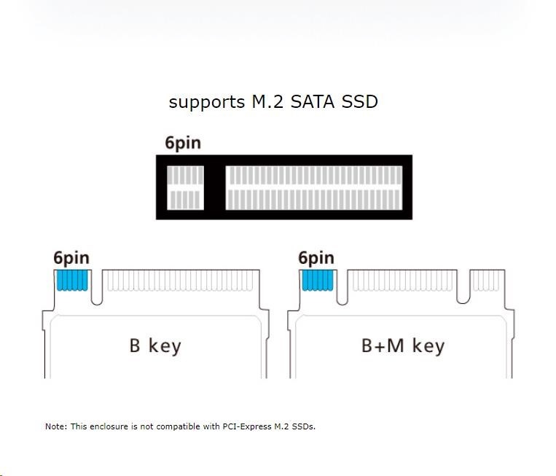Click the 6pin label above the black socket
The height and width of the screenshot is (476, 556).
click(x=182, y=143)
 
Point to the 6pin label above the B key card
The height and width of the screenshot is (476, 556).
click(x=71, y=257)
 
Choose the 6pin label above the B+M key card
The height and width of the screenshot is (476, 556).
click(x=316, y=257)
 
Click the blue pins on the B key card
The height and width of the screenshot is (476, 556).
click(x=71, y=280)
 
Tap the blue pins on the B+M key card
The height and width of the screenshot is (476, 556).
click(x=316, y=280)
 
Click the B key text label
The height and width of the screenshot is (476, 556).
click(x=154, y=345)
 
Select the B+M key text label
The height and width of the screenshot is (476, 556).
click(x=402, y=345)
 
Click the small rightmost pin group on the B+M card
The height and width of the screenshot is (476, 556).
click(x=487, y=280)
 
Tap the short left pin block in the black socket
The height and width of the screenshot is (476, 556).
click(x=185, y=187)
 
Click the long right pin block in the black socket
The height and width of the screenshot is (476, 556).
click(x=314, y=187)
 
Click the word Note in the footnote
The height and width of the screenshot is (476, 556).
click(x=55, y=426)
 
